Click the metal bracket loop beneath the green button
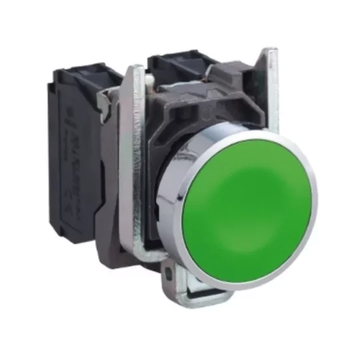pos(200,283)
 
